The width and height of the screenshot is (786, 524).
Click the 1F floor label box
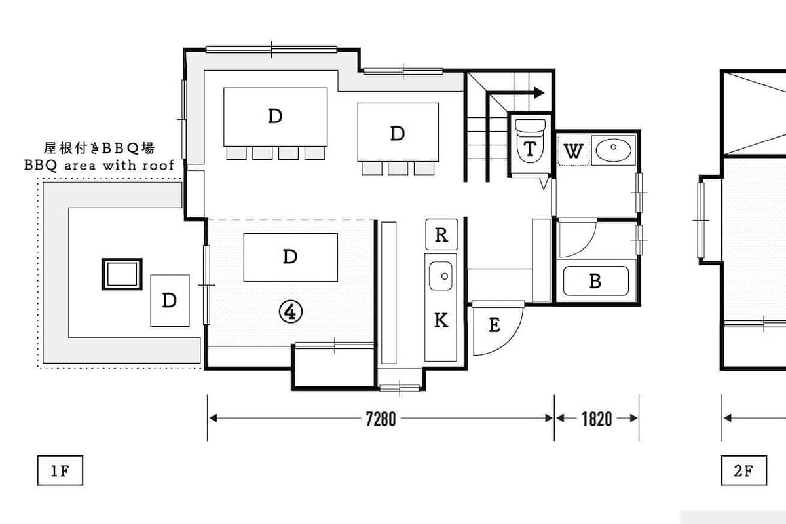coord(60,470)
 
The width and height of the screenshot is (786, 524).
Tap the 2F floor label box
coord(744,470)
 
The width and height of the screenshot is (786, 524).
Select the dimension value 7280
coord(381,419)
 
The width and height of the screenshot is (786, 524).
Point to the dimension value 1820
coord(597,419)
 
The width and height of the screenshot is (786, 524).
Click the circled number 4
coord(291,312)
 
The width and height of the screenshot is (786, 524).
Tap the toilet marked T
coord(530,141)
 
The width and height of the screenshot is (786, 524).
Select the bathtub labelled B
coord(596,281)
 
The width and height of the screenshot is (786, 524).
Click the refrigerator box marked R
coord(441,234)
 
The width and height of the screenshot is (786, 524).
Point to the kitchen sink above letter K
coord(441,276)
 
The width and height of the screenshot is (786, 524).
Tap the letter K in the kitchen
coord(441,320)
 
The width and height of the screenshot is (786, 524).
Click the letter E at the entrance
coord(495,325)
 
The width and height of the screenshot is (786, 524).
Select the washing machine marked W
coord(573,151)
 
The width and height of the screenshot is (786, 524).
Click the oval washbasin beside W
coord(613,149)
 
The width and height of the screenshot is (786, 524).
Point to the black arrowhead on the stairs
coord(539,93)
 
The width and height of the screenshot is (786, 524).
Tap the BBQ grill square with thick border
coord(122,274)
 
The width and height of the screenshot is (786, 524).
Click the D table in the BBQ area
coord(170,301)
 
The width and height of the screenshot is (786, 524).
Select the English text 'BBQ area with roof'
coord(99,165)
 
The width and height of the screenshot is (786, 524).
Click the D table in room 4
coord(291,257)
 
